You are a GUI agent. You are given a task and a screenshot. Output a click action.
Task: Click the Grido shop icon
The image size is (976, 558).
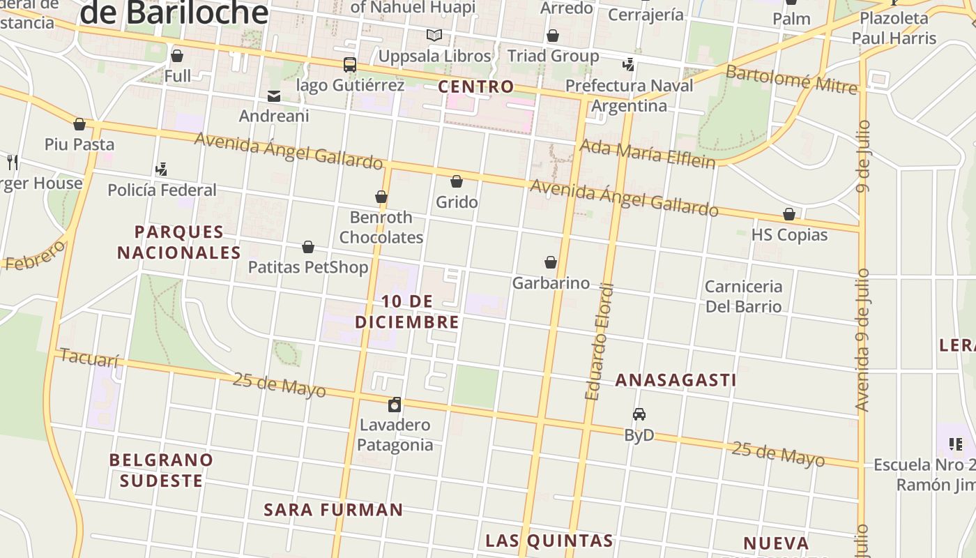pyautogui.click(x=457, y=182)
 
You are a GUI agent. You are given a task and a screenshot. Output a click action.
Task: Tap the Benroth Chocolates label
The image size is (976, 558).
pyautogui.click(x=381, y=227)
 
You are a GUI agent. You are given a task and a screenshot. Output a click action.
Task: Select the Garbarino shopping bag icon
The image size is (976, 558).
pyautogui.click(x=551, y=262)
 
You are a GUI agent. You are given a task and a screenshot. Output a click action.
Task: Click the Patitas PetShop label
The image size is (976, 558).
pyautogui.click(x=308, y=267)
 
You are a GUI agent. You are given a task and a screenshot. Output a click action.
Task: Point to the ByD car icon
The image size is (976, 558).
pyautogui.click(x=639, y=414)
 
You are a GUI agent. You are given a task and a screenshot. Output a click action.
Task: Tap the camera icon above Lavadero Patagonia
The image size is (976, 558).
pyautogui.click(x=395, y=405)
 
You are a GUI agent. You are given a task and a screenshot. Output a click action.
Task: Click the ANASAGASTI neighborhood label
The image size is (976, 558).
pyautogui.click(x=676, y=380)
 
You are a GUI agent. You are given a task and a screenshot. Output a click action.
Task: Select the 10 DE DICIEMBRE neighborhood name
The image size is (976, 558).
pyautogui.click(x=407, y=312)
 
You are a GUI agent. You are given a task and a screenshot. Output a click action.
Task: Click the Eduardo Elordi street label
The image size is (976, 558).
pyautogui.click(x=600, y=342)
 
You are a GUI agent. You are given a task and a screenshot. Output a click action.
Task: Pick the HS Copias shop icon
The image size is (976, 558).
pyautogui.click(x=789, y=214)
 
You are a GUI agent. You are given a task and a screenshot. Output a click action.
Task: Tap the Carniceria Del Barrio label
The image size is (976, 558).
pyautogui.click(x=743, y=296)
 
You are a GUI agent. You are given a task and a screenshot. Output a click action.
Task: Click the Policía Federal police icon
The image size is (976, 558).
pyautogui.click(x=162, y=169)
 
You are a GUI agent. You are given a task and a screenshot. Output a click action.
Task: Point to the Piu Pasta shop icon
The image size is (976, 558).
pyautogui.click(x=79, y=124)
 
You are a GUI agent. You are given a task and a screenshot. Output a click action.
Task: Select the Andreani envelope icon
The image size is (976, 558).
pyautogui.click(x=274, y=96)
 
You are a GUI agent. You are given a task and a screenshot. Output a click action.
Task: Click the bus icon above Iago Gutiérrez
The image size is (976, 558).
pyautogui.click(x=350, y=65)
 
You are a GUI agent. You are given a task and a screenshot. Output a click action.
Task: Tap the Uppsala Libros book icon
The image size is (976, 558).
pyautogui.click(x=434, y=36)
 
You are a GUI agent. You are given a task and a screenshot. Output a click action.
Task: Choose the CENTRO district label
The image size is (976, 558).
pyautogui.click(x=476, y=87)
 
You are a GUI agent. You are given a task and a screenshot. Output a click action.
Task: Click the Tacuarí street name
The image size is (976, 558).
pyautogui.click(x=90, y=359)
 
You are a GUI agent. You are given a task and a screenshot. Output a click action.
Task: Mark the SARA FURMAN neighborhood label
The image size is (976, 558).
pyautogui.click(x=333, y=510)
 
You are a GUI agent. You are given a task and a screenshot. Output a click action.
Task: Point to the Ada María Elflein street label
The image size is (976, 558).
pyautogui.click(x=647, y=154)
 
